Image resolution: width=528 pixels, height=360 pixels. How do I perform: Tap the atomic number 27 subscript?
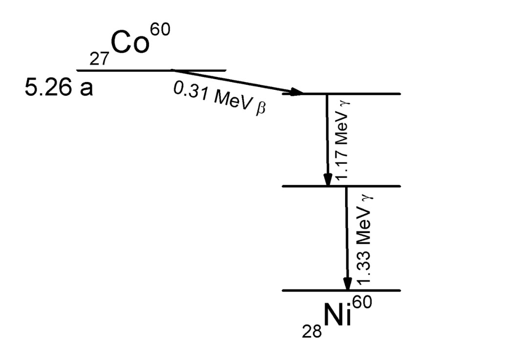100,59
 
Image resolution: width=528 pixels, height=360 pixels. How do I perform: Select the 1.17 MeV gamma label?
342,142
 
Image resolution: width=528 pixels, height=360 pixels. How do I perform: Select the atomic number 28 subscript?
311,331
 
